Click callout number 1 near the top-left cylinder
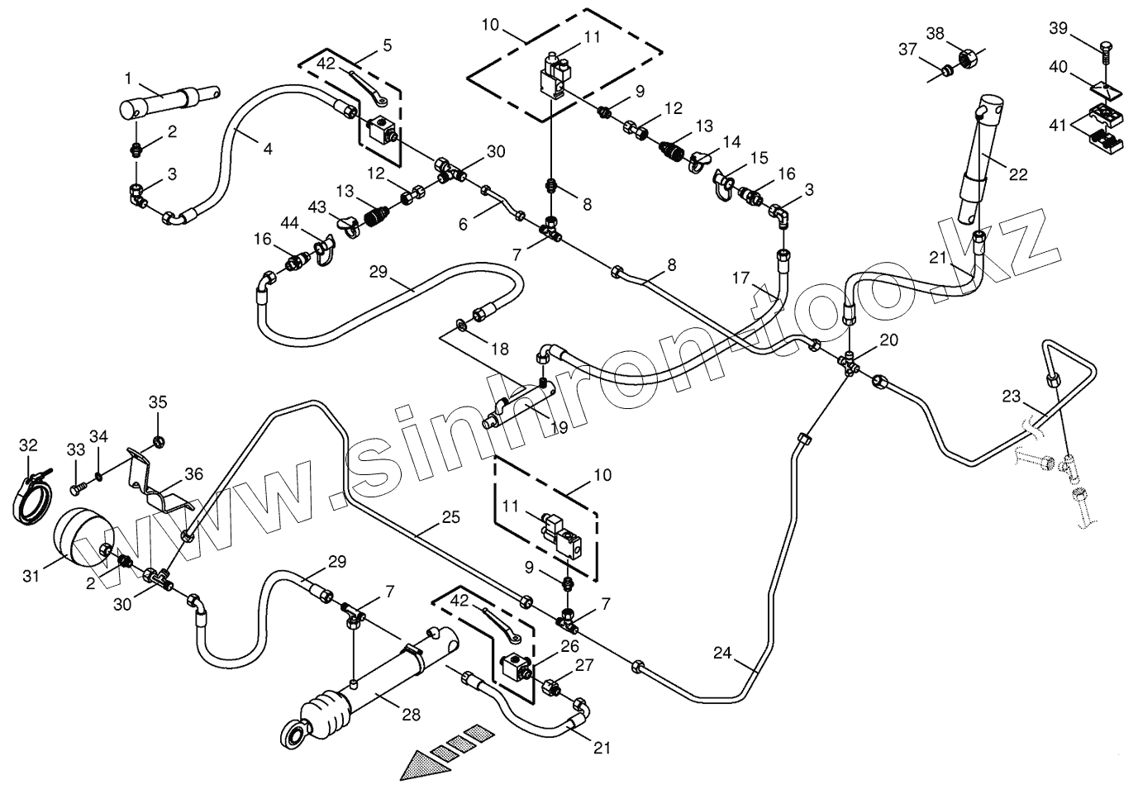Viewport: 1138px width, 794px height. [128, 78]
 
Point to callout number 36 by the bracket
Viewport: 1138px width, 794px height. [194, 473]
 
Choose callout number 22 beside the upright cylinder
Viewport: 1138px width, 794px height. [1018, 174]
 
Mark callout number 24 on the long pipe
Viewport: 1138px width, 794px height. [723, 654]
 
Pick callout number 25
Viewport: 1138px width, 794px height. [450, 518]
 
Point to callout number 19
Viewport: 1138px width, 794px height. [559, 428]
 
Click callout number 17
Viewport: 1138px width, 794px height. [740, 279]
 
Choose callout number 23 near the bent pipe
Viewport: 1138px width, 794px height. [1012, 396]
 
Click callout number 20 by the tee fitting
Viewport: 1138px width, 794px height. [888, 339]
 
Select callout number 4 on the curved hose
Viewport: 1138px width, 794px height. [267, 150]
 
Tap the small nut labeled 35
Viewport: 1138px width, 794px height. [158, 440]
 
